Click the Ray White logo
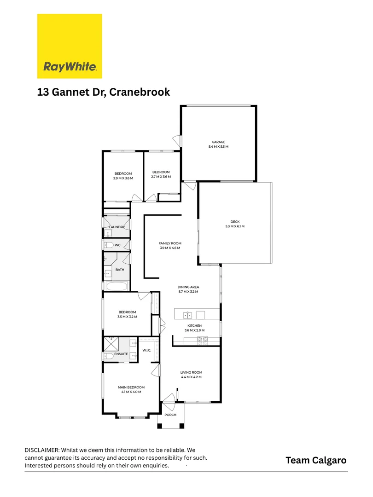(70, 46)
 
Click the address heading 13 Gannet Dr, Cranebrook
(104, 92)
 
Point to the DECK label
(235, 222)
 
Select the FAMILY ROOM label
(170, 243)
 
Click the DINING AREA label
(188, 287)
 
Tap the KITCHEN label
(194, 326)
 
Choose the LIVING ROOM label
(191, 372)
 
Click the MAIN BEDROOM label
(131, 387)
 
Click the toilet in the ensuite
(109, 356)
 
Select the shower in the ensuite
(111, 343)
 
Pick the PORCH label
(170, 415)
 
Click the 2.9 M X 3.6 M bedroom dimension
(123, 178)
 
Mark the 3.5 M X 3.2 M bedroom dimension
(127, 317)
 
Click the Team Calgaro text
(316, 460)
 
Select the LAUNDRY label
(117, 227)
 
